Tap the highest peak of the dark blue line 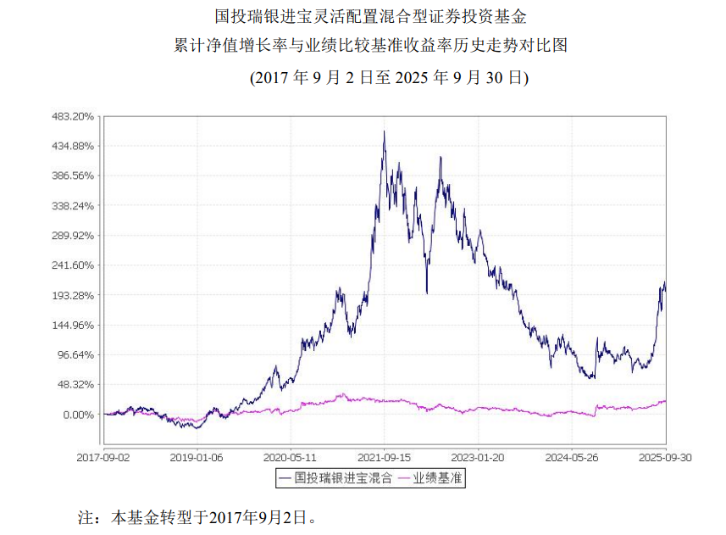(385, 131)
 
